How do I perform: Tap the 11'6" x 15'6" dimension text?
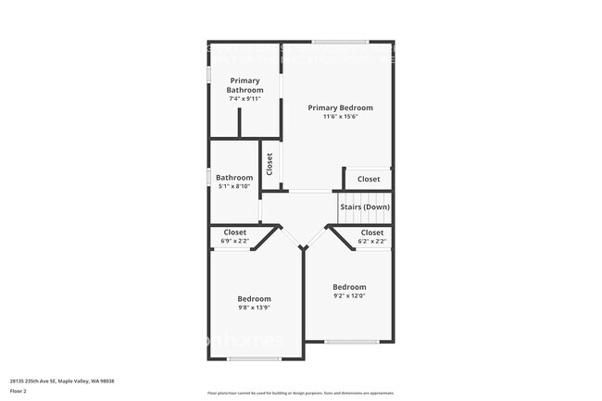340,117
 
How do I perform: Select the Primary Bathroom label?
245,85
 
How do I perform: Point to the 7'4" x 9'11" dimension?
245,98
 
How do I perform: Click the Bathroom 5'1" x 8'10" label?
234,178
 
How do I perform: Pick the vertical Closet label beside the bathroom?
270,165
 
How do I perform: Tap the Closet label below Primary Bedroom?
369,179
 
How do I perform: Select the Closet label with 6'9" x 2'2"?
234,232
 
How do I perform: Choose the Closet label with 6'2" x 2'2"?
371,232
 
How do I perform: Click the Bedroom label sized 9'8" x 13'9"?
254,298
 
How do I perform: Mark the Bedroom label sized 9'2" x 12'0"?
349,287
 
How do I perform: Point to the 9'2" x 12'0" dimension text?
349,296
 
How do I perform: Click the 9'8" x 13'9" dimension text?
254,308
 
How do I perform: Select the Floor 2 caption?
19,391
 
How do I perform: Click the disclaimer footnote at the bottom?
301,394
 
